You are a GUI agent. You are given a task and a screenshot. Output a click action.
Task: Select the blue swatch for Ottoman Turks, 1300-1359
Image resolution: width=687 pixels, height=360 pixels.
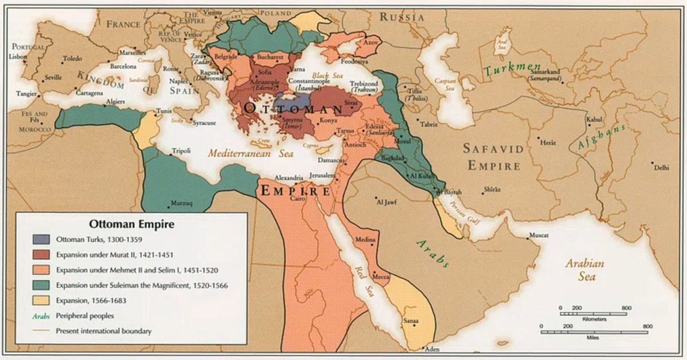pyautogui.click(x=41, y=239)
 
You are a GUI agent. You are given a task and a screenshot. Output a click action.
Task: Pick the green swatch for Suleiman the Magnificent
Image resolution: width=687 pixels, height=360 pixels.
pyautogui.click(x=41, y=285)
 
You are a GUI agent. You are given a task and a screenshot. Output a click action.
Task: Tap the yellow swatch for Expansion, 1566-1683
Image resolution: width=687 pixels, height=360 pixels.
pyautogui.click(x=41, y=301)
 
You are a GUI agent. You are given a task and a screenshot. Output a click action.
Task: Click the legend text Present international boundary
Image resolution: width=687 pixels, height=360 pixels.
pyautogui.click(x=103, y=331)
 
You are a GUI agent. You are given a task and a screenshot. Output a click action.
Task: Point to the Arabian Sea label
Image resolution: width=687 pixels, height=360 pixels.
pyautogui.click(x=585, y=270)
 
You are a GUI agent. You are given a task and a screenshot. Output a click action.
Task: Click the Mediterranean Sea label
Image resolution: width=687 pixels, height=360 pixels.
pyautogui.click(x=250, y=153)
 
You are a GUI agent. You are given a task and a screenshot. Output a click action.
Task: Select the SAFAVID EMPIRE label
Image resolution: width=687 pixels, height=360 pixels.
pyautogui.click(x=494, y=157)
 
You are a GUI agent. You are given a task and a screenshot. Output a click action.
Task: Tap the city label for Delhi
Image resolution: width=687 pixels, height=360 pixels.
pyautogui.click(x=661, y=167)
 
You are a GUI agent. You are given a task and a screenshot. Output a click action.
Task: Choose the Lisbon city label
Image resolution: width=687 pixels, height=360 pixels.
pyautogui.click(x=17, y=56)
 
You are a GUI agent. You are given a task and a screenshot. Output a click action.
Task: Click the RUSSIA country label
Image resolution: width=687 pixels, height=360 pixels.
pyautogui.click(x=402, y=18)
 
